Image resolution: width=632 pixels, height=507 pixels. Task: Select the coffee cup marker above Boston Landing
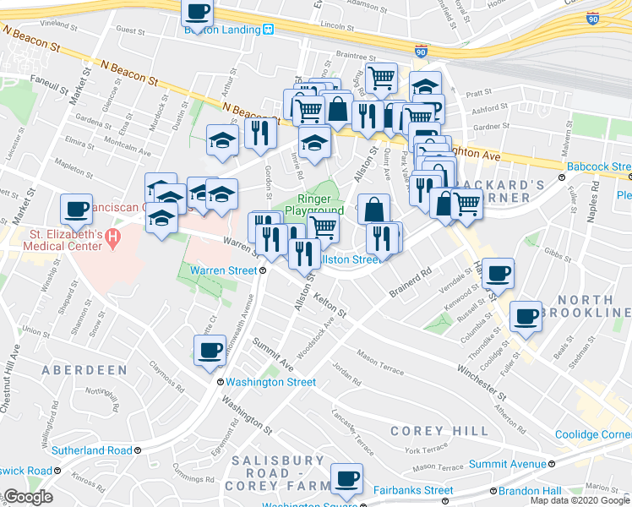click(198, 12)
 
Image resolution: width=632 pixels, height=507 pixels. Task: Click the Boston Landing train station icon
click(269, 29)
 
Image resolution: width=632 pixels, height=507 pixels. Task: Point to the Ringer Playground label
click(313, 204)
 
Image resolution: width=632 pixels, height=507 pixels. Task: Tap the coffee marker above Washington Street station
click(210, 351)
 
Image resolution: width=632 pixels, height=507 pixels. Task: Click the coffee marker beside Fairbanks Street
click(346, 479)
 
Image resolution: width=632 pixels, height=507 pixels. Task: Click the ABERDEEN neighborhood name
click(84, 370)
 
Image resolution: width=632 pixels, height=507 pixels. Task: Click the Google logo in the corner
click(27, 497)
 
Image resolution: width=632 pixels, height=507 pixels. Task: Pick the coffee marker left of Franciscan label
click(75, 209)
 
